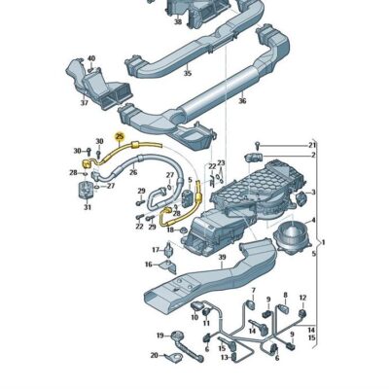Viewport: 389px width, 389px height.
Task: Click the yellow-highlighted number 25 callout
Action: [x=121, y=138]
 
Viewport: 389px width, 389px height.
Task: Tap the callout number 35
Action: [x=188, y=72]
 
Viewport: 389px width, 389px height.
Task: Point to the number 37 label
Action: [x=84, y=102]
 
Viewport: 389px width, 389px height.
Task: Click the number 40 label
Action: [x=92, y=58]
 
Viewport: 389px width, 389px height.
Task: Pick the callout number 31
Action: [x=88, y=207]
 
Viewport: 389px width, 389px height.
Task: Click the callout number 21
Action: [x=313, y=144]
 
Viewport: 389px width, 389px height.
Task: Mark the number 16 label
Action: [x=149, y=264]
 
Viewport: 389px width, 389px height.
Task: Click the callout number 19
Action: [x=302, y=298]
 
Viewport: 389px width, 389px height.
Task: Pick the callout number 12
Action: [x=302, y=298]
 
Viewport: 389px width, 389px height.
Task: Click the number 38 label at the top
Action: [x=177, y=19]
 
